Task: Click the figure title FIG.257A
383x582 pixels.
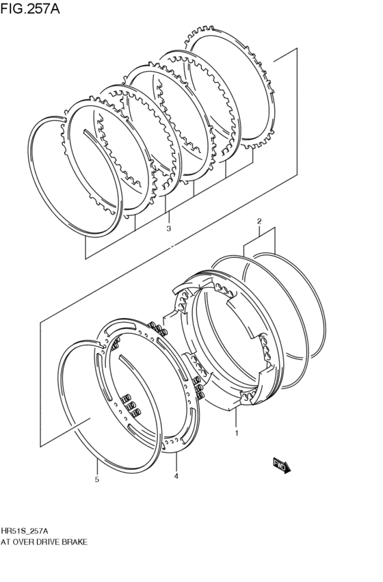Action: pos(30,8)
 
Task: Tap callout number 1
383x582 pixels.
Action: pos(237,433)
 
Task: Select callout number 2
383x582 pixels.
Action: pos(259,222)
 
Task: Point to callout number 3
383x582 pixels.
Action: pos(169,228)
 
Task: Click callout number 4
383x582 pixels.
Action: pos(176,476)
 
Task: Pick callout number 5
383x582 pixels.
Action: pos(97,479)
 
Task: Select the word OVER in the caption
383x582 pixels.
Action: pos(24,542)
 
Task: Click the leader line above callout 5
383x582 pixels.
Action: pos(97,466)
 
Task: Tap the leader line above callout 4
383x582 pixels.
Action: pos(176,462)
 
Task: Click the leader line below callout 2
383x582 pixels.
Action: pos(259,232)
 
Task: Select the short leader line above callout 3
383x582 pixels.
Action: pos(169,217)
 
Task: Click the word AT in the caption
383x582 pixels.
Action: pos(6,542)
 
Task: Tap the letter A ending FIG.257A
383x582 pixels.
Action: pos(55,8)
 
